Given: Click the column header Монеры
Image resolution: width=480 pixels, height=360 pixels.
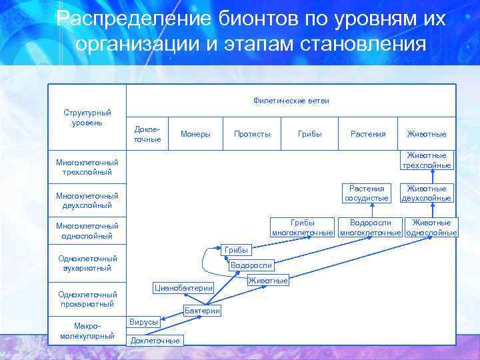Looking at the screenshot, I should coord(195,134).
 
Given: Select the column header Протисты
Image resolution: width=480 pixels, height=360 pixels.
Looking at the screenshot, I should coord(252,134).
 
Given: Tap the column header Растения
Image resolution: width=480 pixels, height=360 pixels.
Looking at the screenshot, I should coord(368,134).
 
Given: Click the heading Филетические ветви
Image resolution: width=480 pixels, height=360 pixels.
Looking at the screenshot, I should coord(291,101).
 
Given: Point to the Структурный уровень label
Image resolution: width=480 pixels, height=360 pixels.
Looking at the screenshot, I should coord(87,118).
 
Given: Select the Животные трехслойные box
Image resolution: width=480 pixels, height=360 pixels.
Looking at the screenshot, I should coord(427,161).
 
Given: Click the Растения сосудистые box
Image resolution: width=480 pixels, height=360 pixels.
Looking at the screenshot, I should coord(366,193).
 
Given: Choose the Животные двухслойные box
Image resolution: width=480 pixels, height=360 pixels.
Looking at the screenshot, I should coord(427,193).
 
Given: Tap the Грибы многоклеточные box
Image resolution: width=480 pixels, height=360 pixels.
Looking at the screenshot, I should coord(303,227).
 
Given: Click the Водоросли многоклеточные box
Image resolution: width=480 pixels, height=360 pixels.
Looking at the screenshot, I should coord(371,227).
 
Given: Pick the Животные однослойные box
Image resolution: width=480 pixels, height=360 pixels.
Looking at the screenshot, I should coord(431,227).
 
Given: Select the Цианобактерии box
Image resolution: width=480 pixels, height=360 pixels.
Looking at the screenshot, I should coord(183,288).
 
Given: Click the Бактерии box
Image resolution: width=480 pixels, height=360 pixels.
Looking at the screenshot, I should coord(202,311).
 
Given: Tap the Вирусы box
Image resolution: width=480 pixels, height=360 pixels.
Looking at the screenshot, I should coord(144,322).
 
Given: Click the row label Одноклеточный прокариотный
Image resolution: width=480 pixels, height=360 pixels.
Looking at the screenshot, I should coord(87,299).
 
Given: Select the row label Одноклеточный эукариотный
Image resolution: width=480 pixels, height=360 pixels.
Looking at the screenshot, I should coord(87,263).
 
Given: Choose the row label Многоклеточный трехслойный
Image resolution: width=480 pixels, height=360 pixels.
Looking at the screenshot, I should coord(87,167).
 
